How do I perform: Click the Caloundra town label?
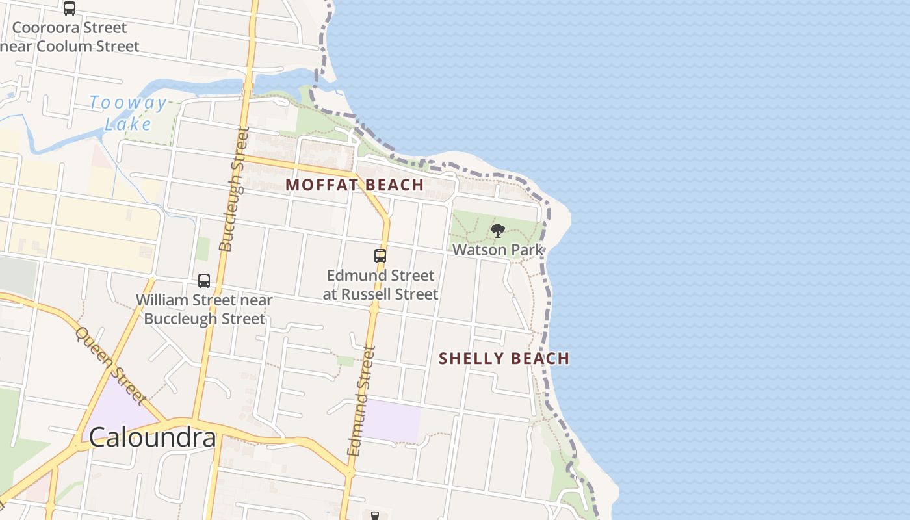152,437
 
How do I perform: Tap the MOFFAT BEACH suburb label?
355,185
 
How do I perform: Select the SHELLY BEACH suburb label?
504,358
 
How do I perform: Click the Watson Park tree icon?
498,230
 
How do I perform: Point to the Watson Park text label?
498,250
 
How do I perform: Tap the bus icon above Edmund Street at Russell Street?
380,256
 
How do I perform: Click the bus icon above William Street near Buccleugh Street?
204,281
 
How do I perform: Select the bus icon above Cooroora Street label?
70,8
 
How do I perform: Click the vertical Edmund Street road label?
361,400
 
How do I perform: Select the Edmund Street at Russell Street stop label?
380,285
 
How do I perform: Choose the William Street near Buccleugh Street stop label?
204,309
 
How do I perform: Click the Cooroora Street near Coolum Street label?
70,37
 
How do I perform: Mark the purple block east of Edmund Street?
392,421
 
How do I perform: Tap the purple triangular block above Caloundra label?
120,403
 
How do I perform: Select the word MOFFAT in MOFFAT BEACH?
322,185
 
